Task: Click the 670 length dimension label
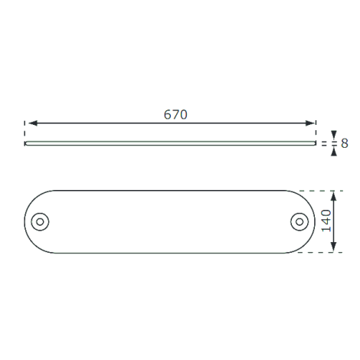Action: tap(175, 114)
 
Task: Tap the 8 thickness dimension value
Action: tap(345, 143)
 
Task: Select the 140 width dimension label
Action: tap(326, 221)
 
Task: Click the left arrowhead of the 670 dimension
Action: tap(33, 123)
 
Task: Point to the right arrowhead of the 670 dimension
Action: tap(309, 123)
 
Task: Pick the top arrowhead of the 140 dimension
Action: tap(333, 196)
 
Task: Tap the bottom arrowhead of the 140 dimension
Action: tap(333, 247)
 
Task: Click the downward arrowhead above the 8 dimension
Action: tap(334, 135)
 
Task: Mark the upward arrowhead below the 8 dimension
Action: tap(334, 152)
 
